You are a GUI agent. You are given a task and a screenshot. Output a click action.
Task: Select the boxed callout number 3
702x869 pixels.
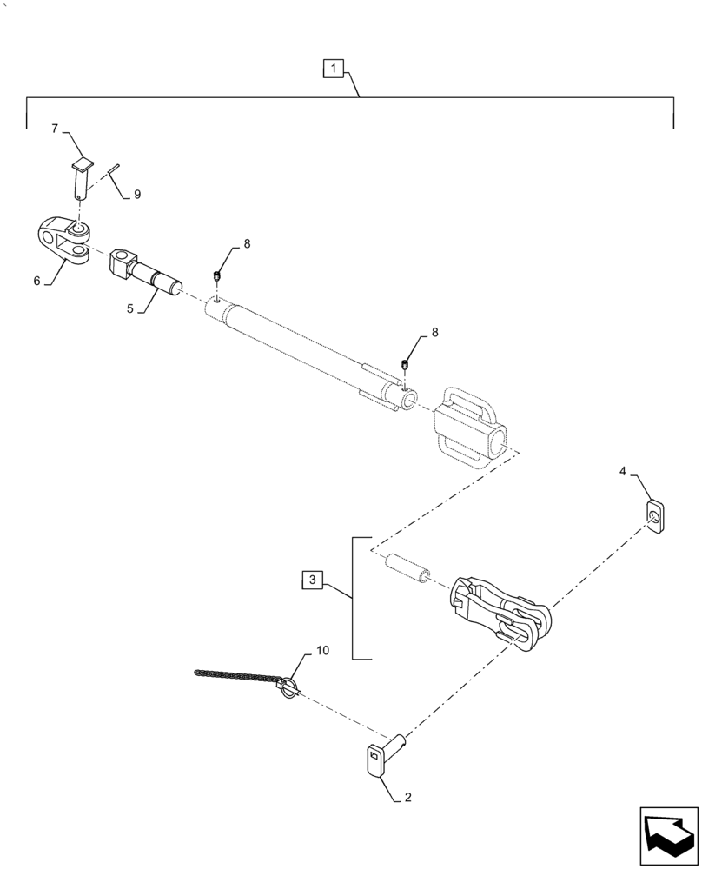click(314, 580)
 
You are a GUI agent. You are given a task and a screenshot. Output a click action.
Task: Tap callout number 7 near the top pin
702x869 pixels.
click(55, 129)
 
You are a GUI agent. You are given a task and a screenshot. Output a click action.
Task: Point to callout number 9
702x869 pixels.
click(136, 195)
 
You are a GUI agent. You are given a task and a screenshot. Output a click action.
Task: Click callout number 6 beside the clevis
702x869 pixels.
click(37, 281)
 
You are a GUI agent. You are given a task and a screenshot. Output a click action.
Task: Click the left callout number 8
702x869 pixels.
click(246, 245)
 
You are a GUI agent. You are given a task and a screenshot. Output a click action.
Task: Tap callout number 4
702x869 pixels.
click(623, 471)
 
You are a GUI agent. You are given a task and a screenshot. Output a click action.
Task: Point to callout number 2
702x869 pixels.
click(408, 795)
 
